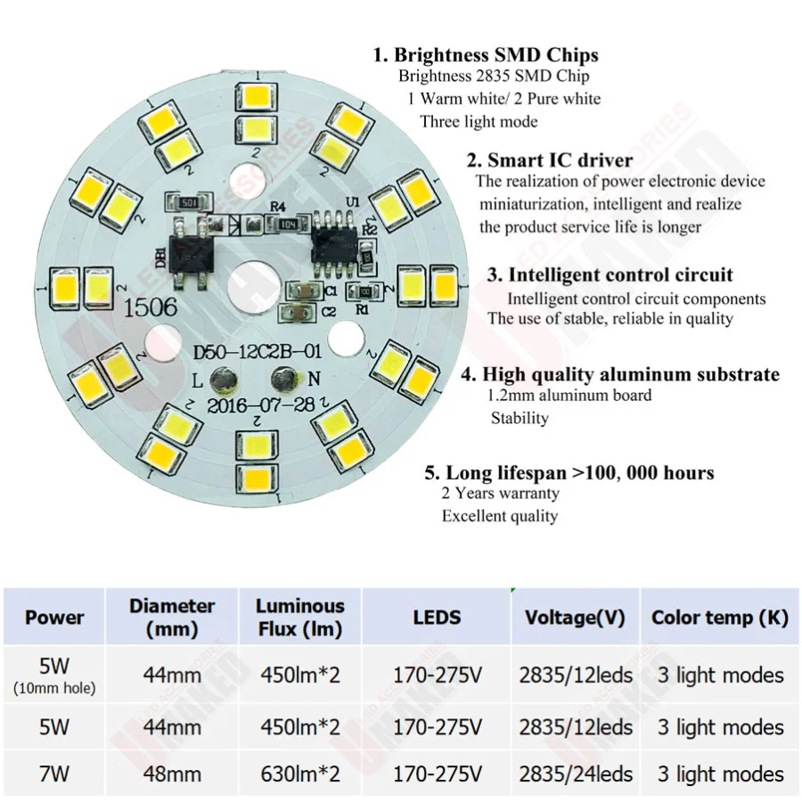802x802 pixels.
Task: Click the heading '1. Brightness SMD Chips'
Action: point(486,54)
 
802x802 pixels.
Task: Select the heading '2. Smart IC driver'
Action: point(550,160)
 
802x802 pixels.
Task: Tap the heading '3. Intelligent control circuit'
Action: point(610,274)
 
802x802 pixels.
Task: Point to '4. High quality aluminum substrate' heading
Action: point(620,374)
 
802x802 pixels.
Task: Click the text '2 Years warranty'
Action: point(501,493)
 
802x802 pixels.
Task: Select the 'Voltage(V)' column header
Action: point(575,618)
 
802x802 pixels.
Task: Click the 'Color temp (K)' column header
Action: point(720,618)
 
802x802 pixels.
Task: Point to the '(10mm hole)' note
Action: point(54,688)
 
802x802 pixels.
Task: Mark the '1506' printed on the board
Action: point(151,308)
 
